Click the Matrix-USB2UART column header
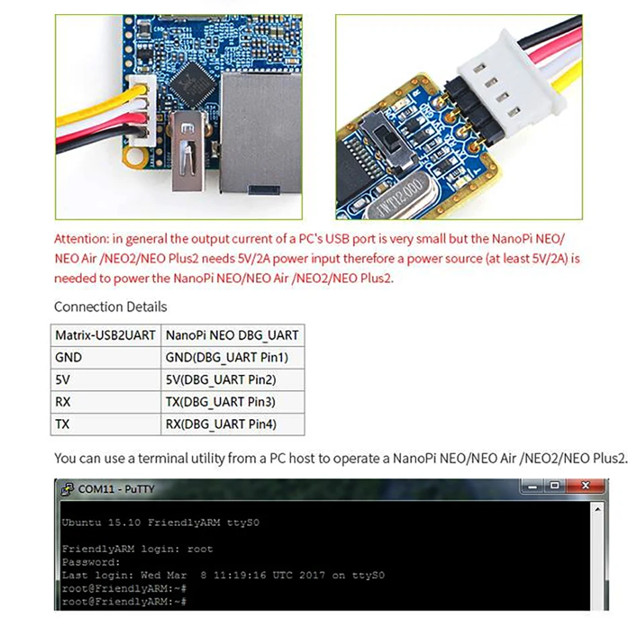pos(105,335)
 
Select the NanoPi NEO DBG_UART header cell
pos(232,335)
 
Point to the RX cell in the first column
pos(64,402)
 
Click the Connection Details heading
pos(110,307)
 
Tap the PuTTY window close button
pos(585,486)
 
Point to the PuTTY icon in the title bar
pos(68,489)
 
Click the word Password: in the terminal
pos(91,561)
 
